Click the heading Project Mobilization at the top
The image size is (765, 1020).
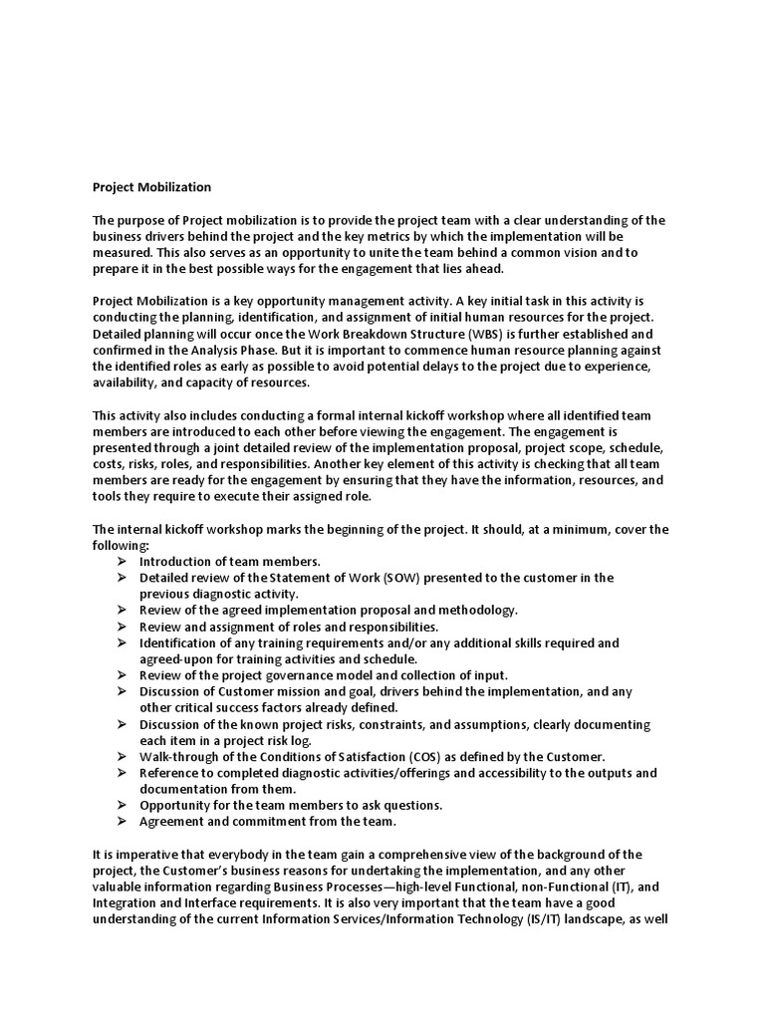tap(151, 186)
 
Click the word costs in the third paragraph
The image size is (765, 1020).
tap(110, 463)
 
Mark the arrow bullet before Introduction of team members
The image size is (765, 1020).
tap(121, 561)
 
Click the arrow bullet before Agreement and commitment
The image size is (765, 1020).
tap(121, 821)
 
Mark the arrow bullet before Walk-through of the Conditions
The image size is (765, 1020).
tap(121, 756)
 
